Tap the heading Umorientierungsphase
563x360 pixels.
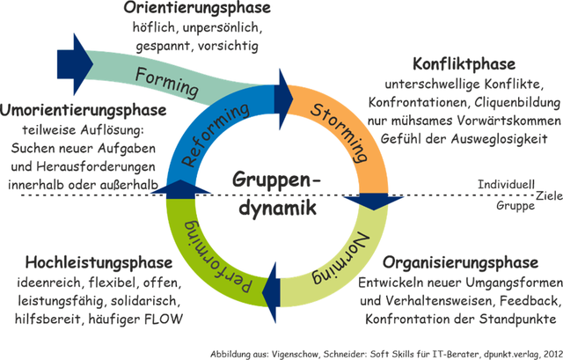84,111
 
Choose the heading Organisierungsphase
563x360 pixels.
460,263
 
